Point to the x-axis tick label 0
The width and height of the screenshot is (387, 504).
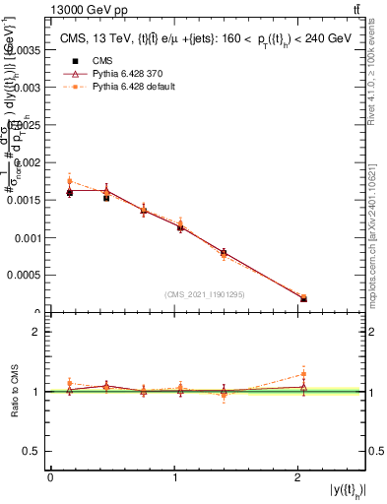[x=50, y=477]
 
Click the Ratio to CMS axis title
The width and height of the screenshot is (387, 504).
[x=13, y=391]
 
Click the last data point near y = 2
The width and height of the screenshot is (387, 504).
[x=303, y=299]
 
